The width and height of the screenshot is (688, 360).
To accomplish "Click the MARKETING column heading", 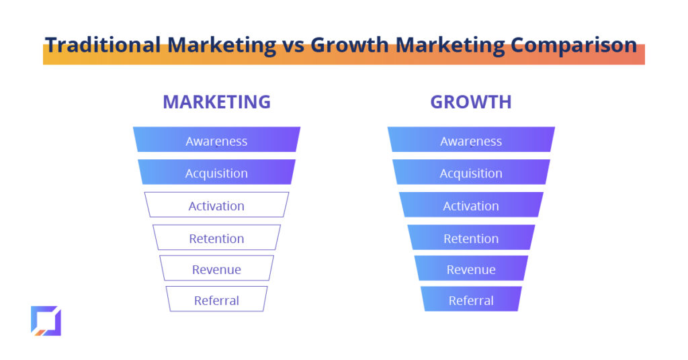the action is [x=217, y=101].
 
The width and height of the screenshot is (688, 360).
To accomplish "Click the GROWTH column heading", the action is [x=471, y=101].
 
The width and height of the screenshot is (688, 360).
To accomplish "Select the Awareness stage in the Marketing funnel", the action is [x=217, y=140].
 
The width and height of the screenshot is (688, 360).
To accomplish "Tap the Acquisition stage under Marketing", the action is [x=217, y=172].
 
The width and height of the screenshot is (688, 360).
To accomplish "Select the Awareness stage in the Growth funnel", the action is [x=471, y=140].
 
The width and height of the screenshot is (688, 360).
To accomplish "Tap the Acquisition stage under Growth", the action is [x=471, y=172].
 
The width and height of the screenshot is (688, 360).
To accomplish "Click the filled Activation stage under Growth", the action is [x=471, y=205].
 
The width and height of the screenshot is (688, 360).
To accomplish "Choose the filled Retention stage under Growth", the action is [x=471, y=237].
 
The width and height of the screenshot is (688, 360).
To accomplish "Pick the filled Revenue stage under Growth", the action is [x=471, y=268].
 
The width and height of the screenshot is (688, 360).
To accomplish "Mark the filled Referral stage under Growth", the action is [x=471, y=299].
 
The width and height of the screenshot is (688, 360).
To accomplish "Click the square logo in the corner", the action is [x=46, y=321].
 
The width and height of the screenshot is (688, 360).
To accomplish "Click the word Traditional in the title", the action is [x=103, y=45].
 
